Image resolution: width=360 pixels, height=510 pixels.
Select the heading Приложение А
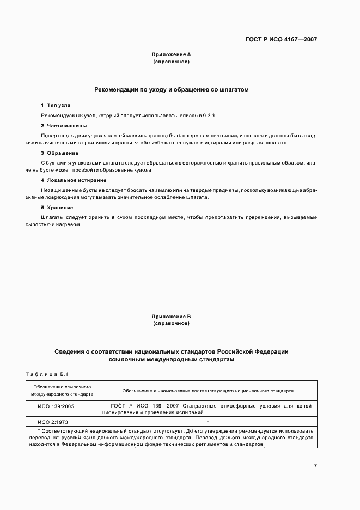(x=171, y=55)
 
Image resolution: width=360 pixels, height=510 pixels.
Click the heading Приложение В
(x=171, y=317)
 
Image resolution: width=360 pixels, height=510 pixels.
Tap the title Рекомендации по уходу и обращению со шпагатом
(x=171, y=89)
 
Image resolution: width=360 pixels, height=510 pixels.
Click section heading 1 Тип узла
(x=56, y=105)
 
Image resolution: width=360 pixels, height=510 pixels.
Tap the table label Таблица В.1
(x=46, y=374)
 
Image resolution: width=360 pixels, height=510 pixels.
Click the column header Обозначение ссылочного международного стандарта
(x=62, y=390)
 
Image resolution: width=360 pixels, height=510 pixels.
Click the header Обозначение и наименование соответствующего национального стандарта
(x=208, y=391)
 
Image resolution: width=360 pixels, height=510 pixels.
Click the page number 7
(x=315, y=466)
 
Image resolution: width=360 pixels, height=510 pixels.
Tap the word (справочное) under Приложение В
(x=171, y=324)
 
